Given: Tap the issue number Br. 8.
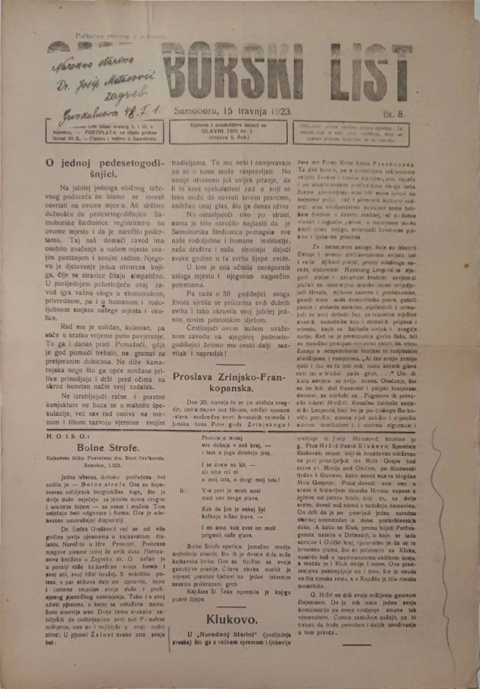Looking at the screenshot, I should pos(397,113).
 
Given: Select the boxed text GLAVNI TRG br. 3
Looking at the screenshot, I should pos(229,131).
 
